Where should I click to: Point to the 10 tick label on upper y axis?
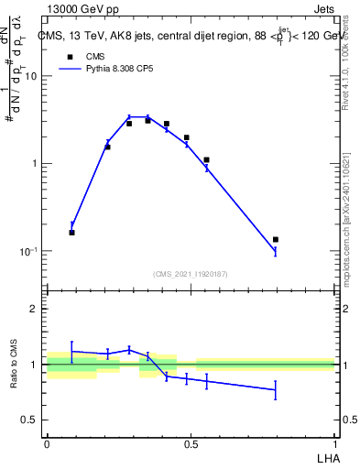click(x=31, y=76)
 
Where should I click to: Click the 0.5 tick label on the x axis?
click(x=191, y=443)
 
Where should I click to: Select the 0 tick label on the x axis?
click(x=47, y=443)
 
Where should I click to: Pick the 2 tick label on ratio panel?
click(x=34, y=310)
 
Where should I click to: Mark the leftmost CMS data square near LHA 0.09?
click(x=72, y=233)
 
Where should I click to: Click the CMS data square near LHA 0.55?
click(x=207, y=160)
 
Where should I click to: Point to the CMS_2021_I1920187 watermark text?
click(x=191, y=274)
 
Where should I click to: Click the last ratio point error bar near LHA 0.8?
click(x=276, y=390)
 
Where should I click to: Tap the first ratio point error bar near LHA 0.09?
click(x=72, y=351)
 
